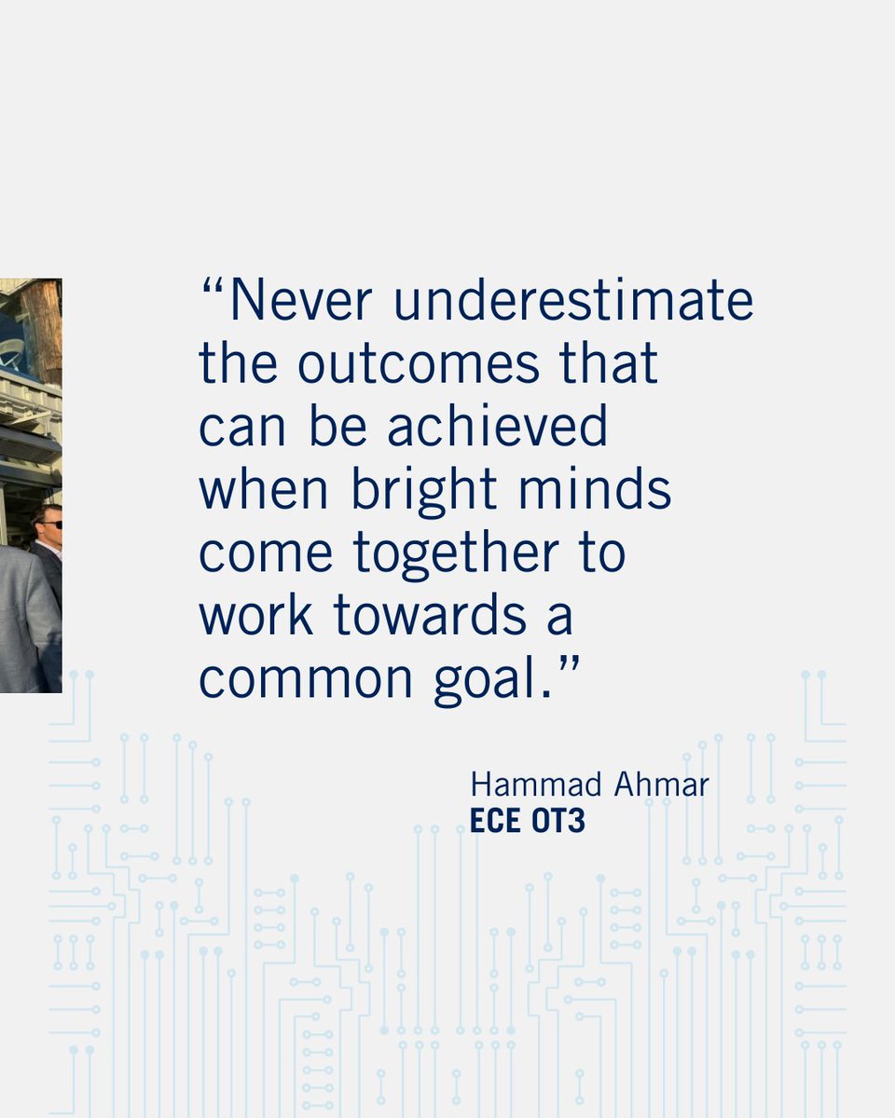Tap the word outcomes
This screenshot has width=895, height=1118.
coord(419,363)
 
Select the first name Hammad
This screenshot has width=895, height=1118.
coord(523,784)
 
